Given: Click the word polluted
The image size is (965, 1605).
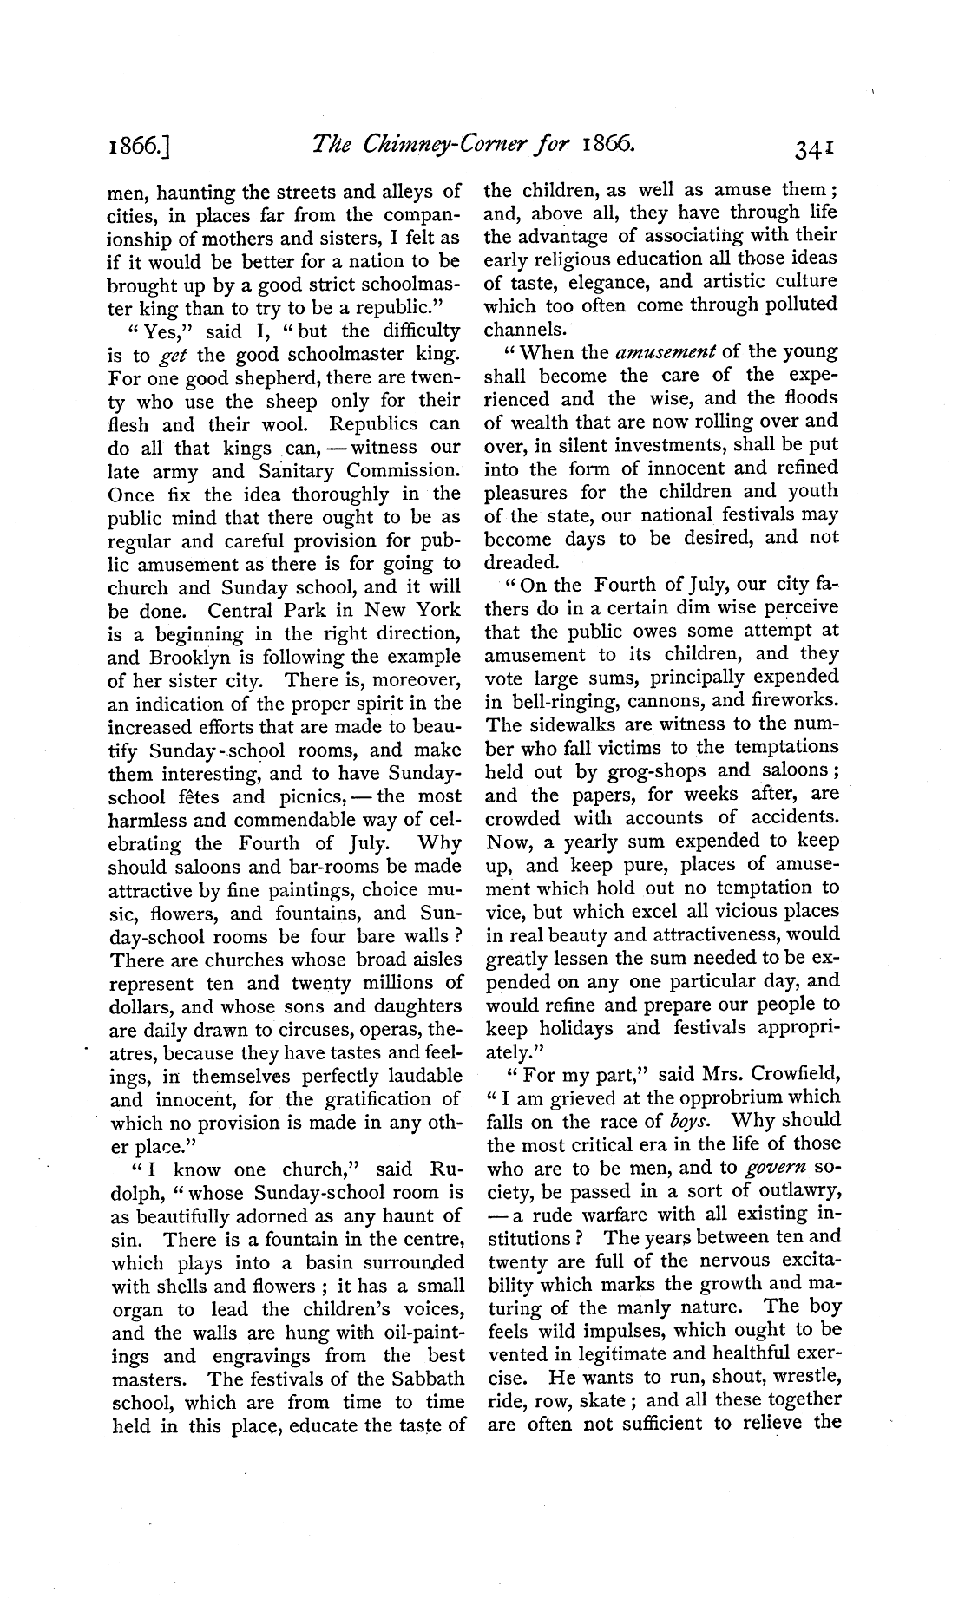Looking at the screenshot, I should (x=796, y=305).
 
